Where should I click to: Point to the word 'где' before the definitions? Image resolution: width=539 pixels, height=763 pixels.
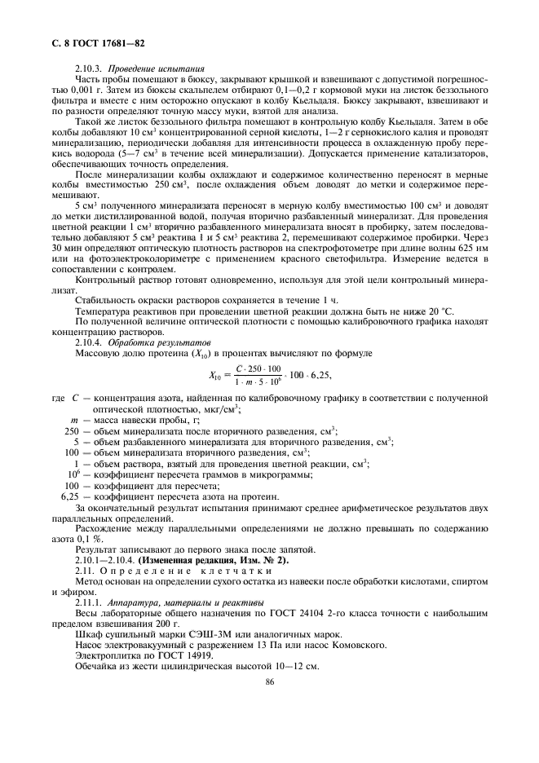(57, 398)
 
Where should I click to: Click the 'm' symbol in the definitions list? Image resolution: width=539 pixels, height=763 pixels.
(73, 419)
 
